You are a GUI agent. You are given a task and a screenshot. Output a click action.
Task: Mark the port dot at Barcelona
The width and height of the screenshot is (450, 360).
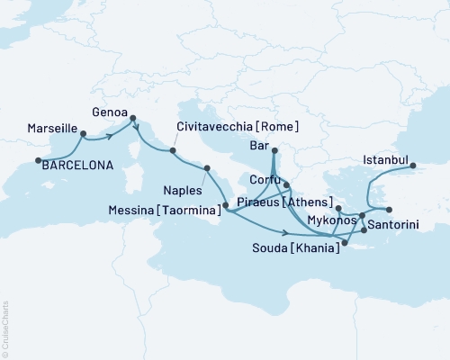[x=37, y=161]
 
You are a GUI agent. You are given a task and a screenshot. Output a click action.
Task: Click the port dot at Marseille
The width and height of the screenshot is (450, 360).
[x=83, y=134]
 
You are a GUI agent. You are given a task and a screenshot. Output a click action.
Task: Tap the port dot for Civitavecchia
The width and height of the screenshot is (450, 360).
[x=173, y=139]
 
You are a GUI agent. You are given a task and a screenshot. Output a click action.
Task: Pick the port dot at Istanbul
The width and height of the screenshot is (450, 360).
[x=412, y=166]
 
